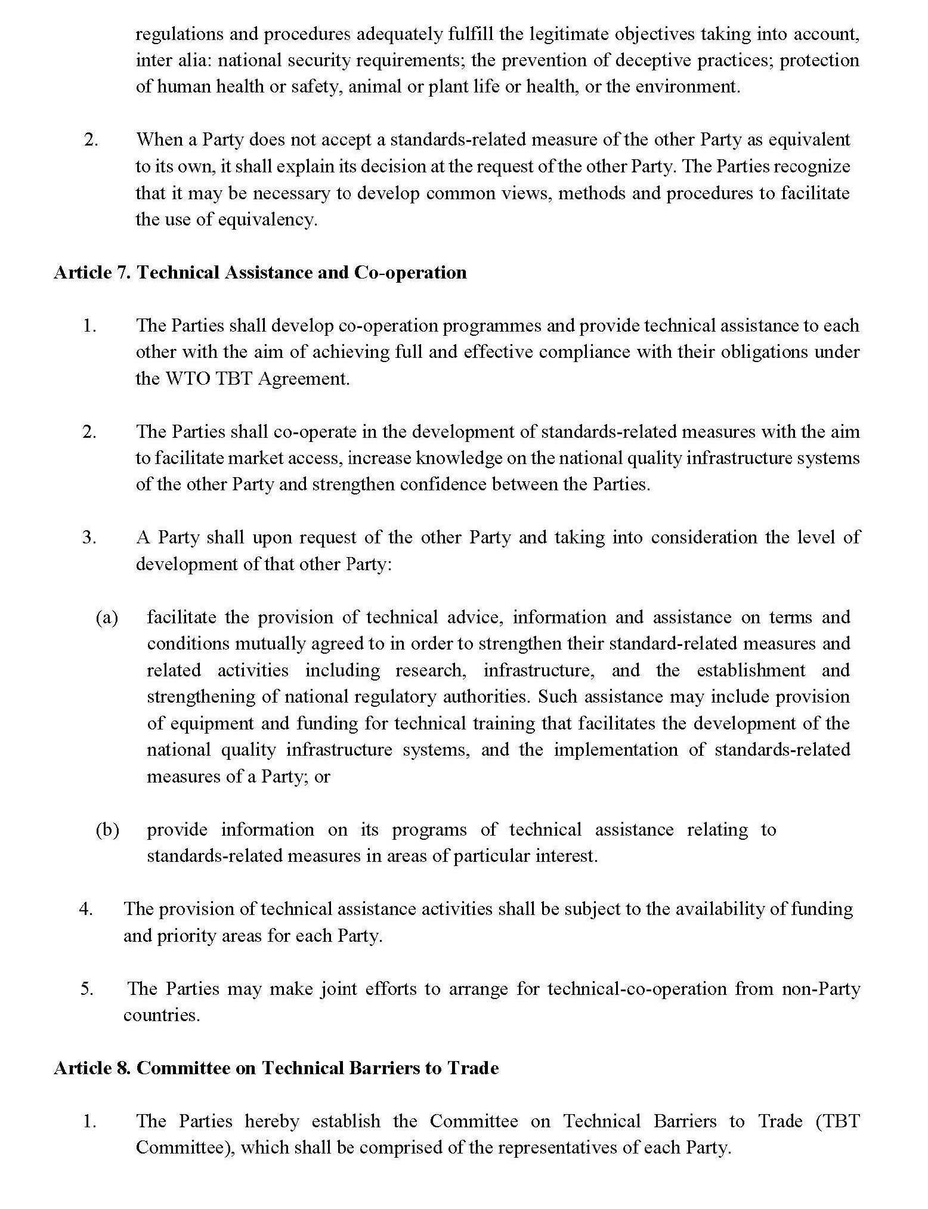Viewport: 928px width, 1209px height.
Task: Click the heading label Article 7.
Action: pyautogui.click(x=92, y=273)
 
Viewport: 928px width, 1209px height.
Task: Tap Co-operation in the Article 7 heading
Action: pyautogui.click(x=410, y=273)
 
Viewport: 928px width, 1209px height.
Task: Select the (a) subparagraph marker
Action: pyautogui.click(x=107, y=617)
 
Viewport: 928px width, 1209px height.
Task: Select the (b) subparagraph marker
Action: pyautogui.click(x=107, y=830)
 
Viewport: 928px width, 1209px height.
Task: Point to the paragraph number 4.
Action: pyautogui.click(x=86, y=909)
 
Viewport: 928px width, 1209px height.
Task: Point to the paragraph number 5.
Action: pyautogui.click(x=87, y=989)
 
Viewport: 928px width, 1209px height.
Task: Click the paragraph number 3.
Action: pyautogui.click(x=89, y=537)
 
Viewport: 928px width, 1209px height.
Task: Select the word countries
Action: pyautogui.click(x=160, y=1015)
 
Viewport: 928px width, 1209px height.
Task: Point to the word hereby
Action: pyautogui.click(x=272, y=1121)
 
